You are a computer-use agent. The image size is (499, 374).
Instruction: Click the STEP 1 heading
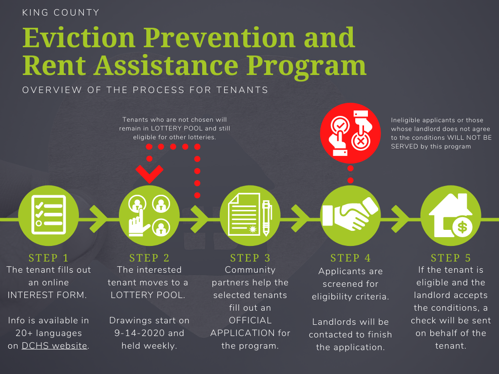coord(48,258)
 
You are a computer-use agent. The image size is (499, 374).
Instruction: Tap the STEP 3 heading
coord(250,258)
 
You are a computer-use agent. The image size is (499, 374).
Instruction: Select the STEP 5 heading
coord(451,258)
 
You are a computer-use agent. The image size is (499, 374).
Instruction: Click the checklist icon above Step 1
coord(48,215)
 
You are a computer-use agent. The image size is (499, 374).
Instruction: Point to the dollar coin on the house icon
coord(462,227)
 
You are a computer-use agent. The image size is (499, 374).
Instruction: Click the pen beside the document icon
coord(267,218)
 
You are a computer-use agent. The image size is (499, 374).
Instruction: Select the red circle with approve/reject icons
coord(350,133)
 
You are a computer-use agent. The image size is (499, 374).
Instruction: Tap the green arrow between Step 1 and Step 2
coord(98,219)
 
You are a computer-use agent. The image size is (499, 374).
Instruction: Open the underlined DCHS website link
coord(55,346)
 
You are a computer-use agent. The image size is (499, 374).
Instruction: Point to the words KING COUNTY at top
coord(61,13)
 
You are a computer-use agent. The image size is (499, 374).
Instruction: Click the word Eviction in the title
coord(79,38)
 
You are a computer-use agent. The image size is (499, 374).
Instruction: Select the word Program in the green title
coord(306,67)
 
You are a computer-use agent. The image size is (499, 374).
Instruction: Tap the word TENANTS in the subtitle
coord(242,90)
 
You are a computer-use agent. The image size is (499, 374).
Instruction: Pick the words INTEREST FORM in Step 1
coord(47,295)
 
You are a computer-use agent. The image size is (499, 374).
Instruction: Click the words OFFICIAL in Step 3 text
coord(250,320)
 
